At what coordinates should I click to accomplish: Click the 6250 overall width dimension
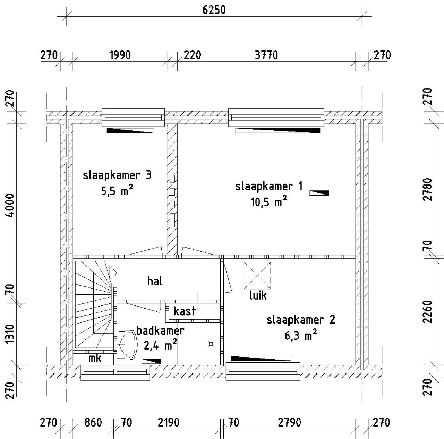214,10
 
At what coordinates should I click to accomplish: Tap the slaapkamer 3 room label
117,175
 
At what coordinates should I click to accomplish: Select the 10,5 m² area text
268,202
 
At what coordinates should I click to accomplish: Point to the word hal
155,281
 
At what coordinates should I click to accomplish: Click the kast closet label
185,311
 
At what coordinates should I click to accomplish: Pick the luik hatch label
258,295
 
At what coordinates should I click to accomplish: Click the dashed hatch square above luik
257,275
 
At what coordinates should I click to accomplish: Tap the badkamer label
160,331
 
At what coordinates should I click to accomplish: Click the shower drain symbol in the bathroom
211,344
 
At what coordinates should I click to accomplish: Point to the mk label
95,358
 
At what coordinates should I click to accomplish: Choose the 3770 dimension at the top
266,55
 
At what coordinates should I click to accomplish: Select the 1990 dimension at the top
120,55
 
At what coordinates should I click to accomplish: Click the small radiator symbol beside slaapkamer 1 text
319,193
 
